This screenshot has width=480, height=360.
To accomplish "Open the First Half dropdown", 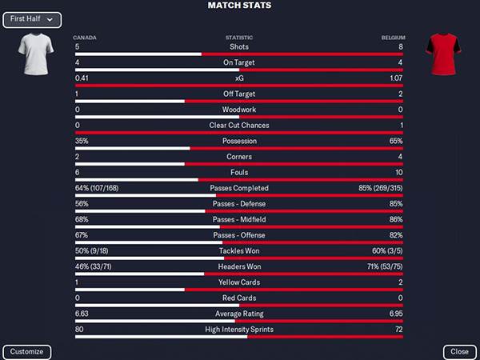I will coord(32,19).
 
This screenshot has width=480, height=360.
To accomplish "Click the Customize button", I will coord(27,352).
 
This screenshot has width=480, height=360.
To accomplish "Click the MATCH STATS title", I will coord(239,6).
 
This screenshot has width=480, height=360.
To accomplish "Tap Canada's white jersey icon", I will coord(34,55).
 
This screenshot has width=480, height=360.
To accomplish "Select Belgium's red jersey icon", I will coord(444,55).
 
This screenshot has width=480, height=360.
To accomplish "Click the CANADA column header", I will coord(85,38).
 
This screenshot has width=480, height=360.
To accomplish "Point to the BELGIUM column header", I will coord(393,38).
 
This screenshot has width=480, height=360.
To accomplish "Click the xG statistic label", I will coord(239,78).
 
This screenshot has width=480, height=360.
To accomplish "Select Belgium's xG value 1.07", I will coord(395,78).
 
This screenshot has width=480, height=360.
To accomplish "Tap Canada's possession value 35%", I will coord(82,141).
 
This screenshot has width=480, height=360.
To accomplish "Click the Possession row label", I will coord(239,141).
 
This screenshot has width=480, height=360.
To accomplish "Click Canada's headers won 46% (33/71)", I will coord(93,266).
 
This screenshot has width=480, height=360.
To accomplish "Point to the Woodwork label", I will coord(239,110).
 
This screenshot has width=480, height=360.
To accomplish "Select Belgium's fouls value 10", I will coord(398,172).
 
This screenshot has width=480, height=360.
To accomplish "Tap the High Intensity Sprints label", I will coord(239,330).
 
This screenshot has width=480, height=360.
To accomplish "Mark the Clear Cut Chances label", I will coord(239,126).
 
